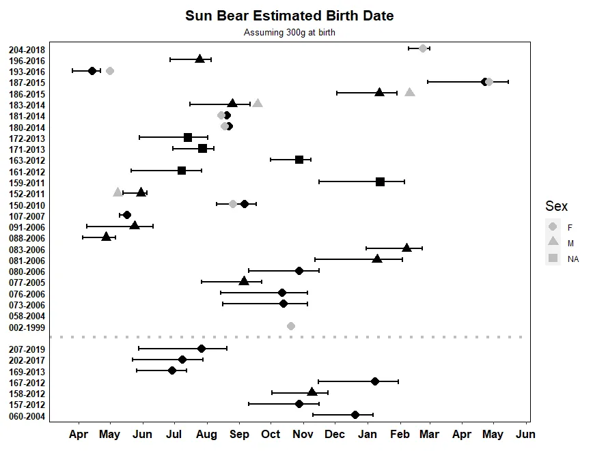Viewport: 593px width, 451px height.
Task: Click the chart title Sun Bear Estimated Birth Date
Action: [289, 16]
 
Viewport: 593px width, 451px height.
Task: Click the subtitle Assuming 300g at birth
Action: [290, 32]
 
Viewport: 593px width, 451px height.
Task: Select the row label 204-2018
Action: [27, 50]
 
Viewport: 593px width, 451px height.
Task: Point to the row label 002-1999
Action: [27, 327]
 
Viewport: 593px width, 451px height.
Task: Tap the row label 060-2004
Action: [27, 416]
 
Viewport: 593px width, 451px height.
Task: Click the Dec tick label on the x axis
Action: [335, 435]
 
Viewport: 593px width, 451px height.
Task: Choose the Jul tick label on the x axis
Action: [174, 435]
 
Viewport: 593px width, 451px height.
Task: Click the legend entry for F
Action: [570, 227]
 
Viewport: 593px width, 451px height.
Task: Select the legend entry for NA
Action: [573, 259]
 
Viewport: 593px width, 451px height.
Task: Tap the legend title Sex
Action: [556, 206]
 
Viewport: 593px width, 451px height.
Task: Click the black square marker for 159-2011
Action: [380, 181]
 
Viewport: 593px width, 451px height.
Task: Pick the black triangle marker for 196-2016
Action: [199, 59]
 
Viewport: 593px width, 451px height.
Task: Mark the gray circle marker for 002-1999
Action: [291, 326]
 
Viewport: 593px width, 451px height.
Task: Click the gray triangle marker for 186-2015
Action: [409, 93]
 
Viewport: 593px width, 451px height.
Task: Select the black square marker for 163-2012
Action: [299, 160]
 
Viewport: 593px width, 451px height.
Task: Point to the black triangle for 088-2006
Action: [106, 237]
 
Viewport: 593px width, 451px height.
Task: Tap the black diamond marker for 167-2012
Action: [374, 381]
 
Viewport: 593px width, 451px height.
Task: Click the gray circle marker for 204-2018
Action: [423, 48]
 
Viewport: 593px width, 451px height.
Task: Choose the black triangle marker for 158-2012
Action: [312, 392]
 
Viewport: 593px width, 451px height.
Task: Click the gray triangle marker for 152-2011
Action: [118, 192]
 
